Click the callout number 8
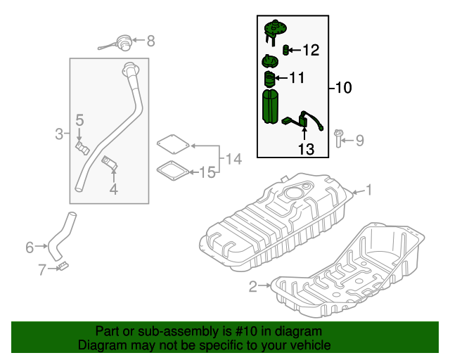150,41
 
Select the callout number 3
59,132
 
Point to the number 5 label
80,120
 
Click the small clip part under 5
81,146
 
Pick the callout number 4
113,188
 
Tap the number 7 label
42,268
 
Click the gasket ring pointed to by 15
170,171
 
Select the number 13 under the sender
305,149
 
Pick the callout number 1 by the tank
369,190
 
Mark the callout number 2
253,285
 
